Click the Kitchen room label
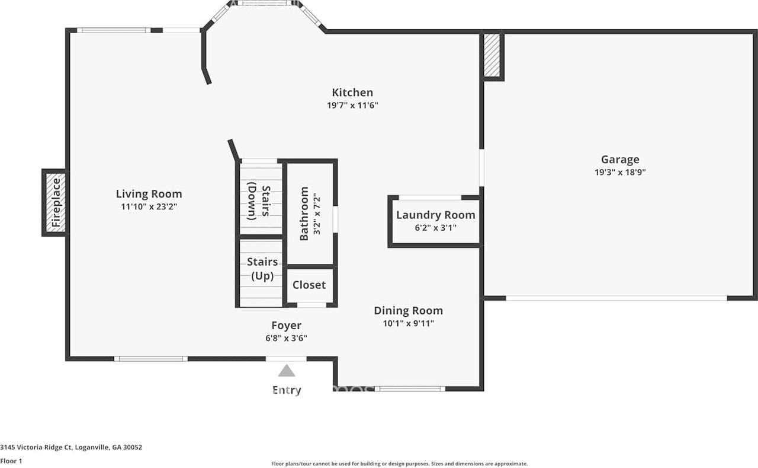click(352, 93)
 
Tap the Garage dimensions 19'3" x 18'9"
click(620, 173)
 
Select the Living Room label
click(149, 194)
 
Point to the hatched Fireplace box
click(56, 203)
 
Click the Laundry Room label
click(435, 215)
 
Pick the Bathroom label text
click(304, 214)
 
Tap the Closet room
click(309, 285)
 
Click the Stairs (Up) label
click(262, 269)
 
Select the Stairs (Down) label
click(259, 202)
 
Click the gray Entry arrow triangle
click(287, 371)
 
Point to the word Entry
click(287, 390)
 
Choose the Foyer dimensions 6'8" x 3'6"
click(287, 338)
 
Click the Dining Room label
click(408, 311)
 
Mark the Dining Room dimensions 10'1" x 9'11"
click(408, 323)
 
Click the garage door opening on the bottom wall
click(616, 298)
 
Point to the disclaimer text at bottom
click(399, 464)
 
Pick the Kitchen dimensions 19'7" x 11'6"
click(352, 106)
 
